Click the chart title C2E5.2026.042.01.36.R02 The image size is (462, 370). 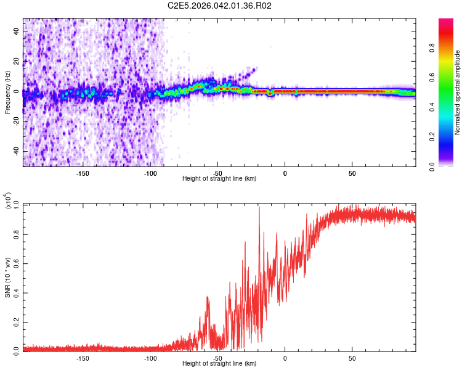(x=220, y=6)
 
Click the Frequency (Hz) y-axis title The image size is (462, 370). (x=7, y=92)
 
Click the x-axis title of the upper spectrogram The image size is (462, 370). (x=219, y=178)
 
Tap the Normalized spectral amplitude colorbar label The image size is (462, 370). (x=458, y=92)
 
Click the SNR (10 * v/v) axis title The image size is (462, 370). (x=8, y=277)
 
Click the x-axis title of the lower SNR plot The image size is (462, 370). (x=219, y=363)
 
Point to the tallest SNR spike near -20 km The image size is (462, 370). (x=259, y=208)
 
